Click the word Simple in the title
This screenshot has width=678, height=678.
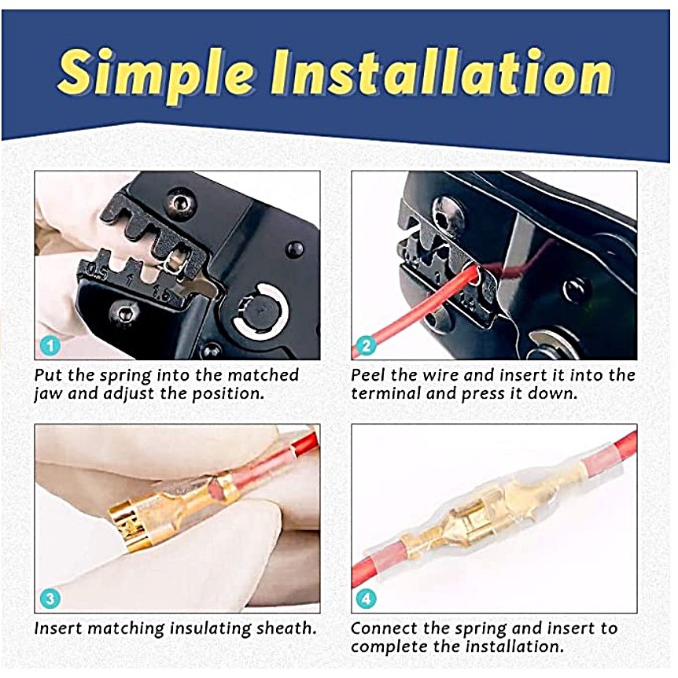point(155,73)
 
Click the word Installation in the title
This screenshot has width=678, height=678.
point(441,72)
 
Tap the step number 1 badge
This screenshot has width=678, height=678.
point(50,346)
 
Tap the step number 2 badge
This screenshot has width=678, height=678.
point(367,346)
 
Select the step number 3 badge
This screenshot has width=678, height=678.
point(50,599)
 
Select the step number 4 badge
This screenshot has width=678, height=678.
point(367,599)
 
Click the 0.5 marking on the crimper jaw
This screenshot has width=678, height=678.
point(97,271)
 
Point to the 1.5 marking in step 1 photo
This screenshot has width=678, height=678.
point(163,295)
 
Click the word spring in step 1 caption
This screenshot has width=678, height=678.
point(126,375)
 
